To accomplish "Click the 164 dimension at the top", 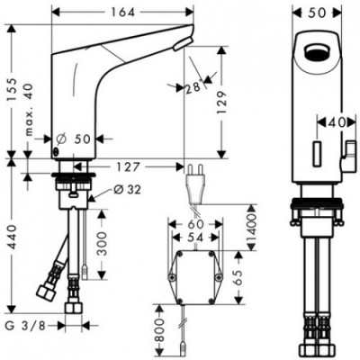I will pos(126,13).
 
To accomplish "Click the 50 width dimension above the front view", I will pos(318,13).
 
